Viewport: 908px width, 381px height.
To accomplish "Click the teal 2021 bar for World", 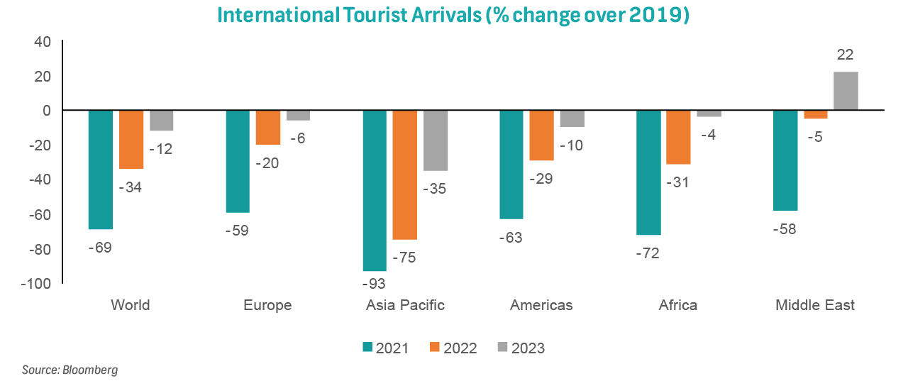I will tap(100, 170).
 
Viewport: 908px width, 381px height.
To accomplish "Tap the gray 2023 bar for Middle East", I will tap(846, 92).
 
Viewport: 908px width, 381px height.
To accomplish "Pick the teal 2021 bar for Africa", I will tap(648, 172).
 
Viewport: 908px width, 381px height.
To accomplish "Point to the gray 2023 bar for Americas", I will tap(572, 118).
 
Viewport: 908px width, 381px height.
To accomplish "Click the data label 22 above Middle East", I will tap(845, 55).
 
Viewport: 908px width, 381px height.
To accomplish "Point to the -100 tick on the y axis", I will tap(35, 284).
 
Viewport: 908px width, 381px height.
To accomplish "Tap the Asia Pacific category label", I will tap(405, 306).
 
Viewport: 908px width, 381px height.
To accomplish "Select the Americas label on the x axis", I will tap(541, 306).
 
